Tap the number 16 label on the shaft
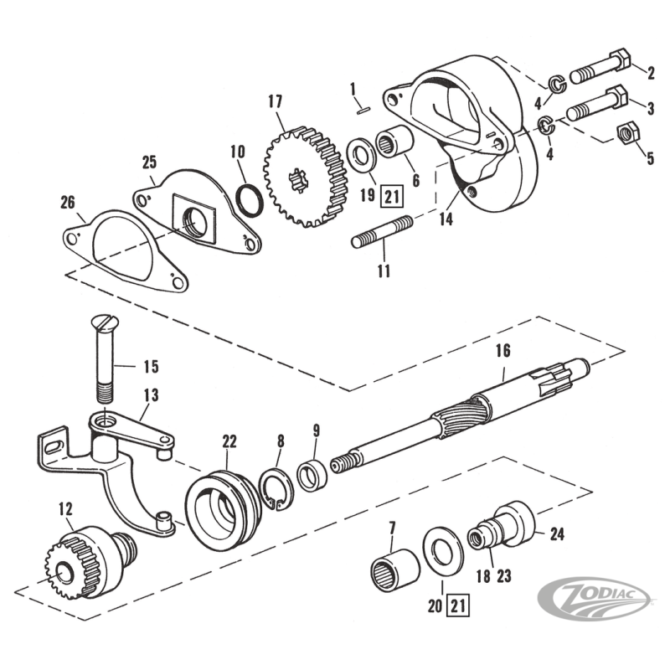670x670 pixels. [x=502, y=351]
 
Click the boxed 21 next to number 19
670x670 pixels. [x=390, y=198]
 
